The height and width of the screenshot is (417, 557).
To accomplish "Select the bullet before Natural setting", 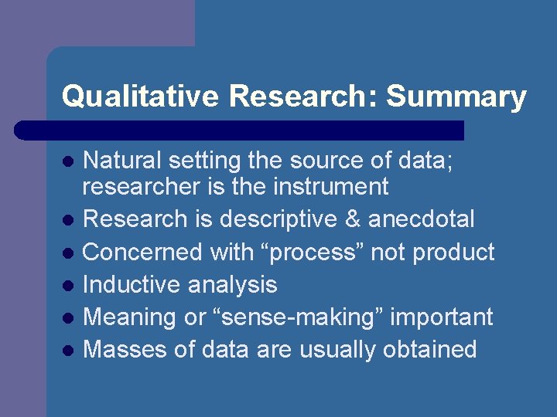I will pos(68,162).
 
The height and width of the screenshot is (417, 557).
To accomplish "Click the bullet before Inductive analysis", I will pos(68,286).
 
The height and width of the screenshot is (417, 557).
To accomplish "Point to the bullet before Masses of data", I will pos(68,351).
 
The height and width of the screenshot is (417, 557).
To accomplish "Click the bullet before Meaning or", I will pos(68,318).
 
